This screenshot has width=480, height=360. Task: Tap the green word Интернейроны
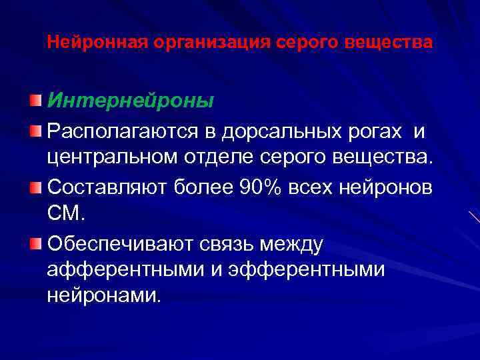coord(131,101)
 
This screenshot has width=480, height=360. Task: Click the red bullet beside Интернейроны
coord(35,101)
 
